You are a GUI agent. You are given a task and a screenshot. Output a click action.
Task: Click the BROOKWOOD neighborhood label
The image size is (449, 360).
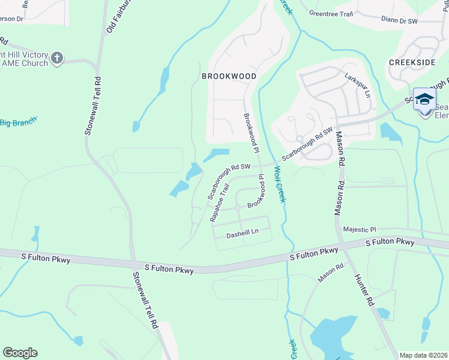click(x=229, y=76)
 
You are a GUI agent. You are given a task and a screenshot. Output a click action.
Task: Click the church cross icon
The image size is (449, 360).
click(x=57, y=58)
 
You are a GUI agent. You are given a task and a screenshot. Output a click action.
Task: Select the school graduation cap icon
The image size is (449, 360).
click(x=424, y=99)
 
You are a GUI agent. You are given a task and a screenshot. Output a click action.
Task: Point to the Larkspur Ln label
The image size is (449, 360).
click(x=358, y=85)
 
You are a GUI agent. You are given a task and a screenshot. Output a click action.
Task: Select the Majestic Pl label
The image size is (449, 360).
click(x=360, y=229)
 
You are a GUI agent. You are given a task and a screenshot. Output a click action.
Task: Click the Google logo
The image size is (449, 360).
click(x=20, y=353)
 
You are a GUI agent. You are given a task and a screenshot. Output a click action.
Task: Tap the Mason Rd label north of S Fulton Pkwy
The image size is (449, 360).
click(x=339, y=173)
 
